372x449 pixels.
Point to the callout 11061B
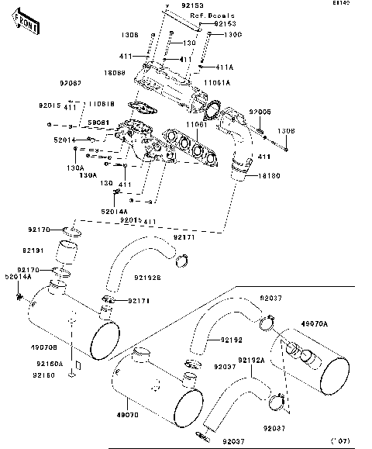[101, 104]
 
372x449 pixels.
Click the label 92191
[34, 250]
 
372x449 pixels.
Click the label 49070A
[336, 323]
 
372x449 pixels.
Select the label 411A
[224, 67]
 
